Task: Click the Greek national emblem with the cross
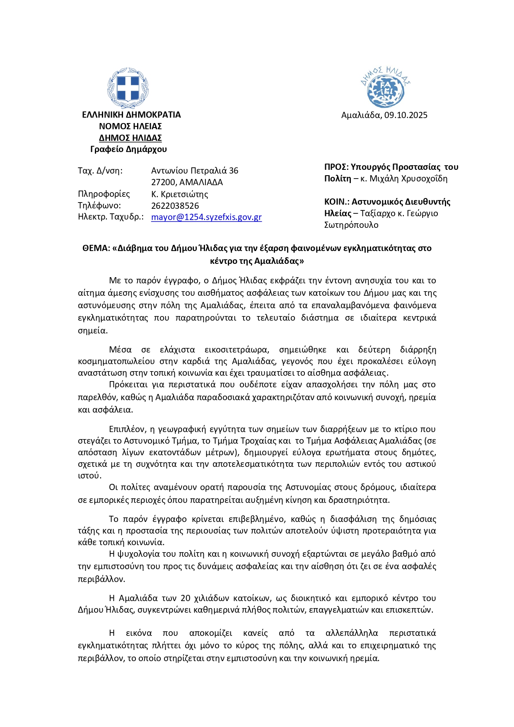pos(128,88)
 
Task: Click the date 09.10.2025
pos(405,115)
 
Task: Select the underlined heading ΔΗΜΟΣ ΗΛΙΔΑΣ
pos(130,138)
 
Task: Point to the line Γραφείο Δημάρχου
pos(128,149)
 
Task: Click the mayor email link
pos(206,217)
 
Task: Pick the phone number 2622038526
pos(175,205)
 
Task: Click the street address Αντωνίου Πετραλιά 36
pos(195,171)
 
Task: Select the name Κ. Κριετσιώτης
pos(179,194)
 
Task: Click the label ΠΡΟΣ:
pos(336,167)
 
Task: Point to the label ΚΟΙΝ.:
pos(337,202)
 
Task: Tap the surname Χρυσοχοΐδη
pos(425,179)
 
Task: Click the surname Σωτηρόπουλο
pos(351,225)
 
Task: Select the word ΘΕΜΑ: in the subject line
pos(96,248)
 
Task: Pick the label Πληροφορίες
pos(104,194)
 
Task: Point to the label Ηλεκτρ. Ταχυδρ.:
pos(111,217)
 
